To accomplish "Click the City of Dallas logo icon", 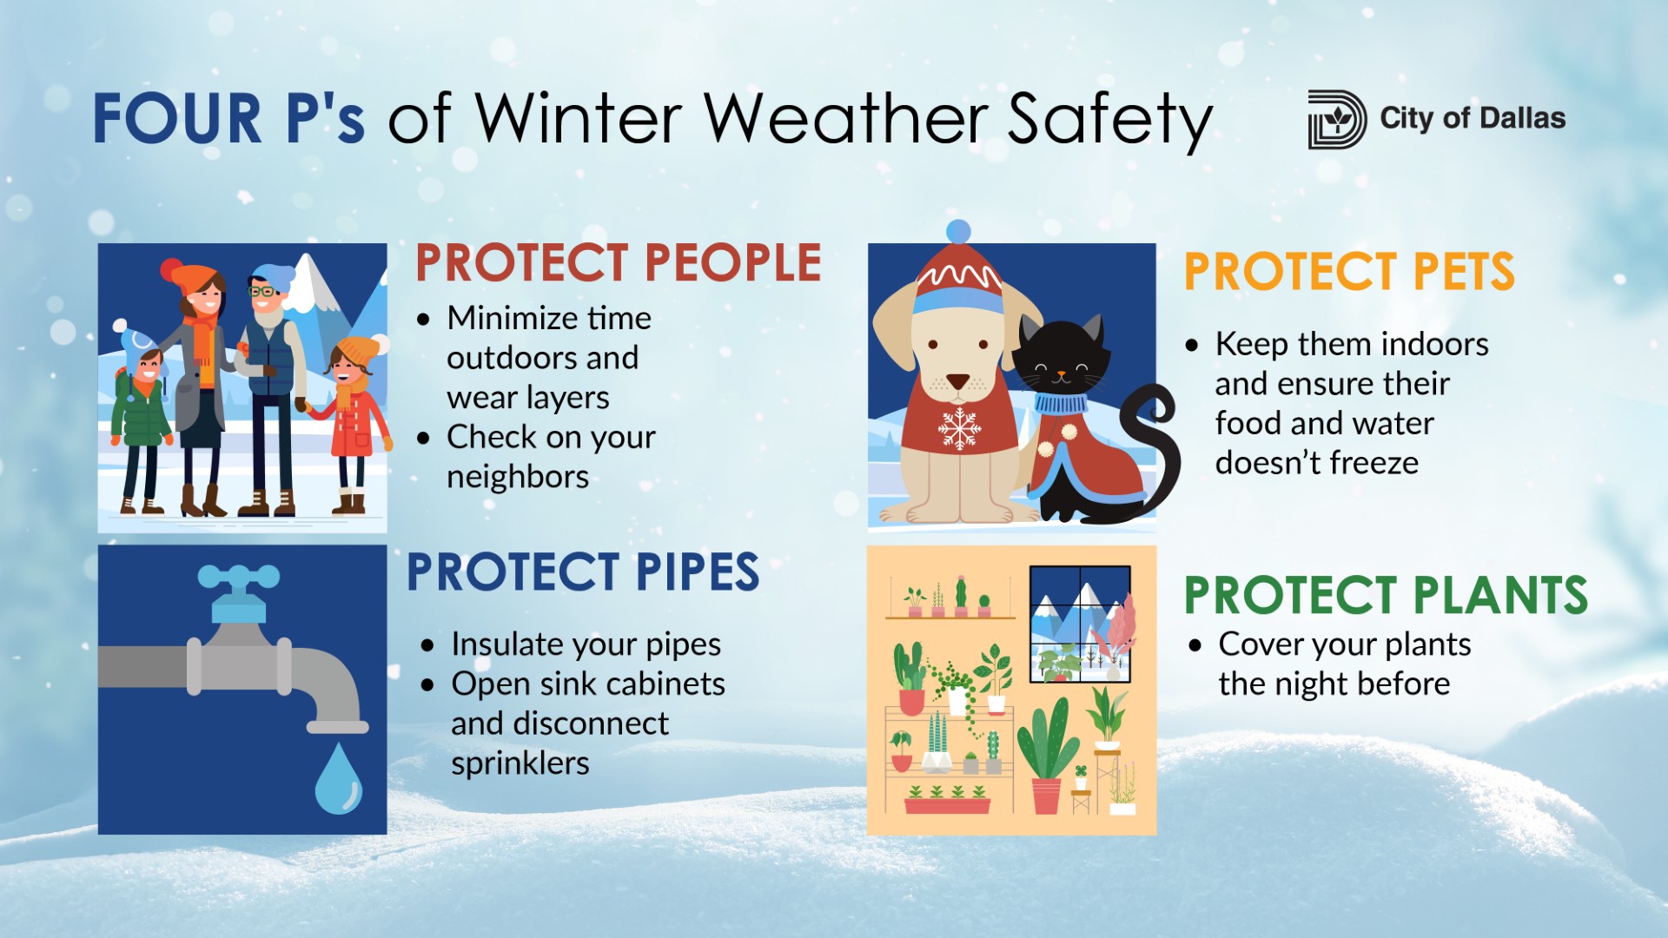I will coord(1336,119).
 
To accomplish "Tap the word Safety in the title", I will coord(1109,121).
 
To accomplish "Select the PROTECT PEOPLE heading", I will coord(618,262).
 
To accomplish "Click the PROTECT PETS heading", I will coord(1349,272).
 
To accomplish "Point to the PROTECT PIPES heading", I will coord(583,572).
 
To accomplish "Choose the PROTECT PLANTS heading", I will coord(1386,596).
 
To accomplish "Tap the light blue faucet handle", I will coord(238,578).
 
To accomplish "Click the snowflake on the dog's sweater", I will coord(959,427).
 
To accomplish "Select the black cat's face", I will coord(1062,366).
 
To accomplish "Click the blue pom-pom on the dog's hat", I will coord(958,231).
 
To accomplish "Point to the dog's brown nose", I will coord(957,380).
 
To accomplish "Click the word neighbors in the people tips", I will coord(518,477).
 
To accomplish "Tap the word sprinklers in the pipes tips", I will coord(520,763).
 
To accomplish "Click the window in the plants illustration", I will coord(1080,624).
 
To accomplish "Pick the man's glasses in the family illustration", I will coord(261,290).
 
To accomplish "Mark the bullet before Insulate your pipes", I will coord(427,645).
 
